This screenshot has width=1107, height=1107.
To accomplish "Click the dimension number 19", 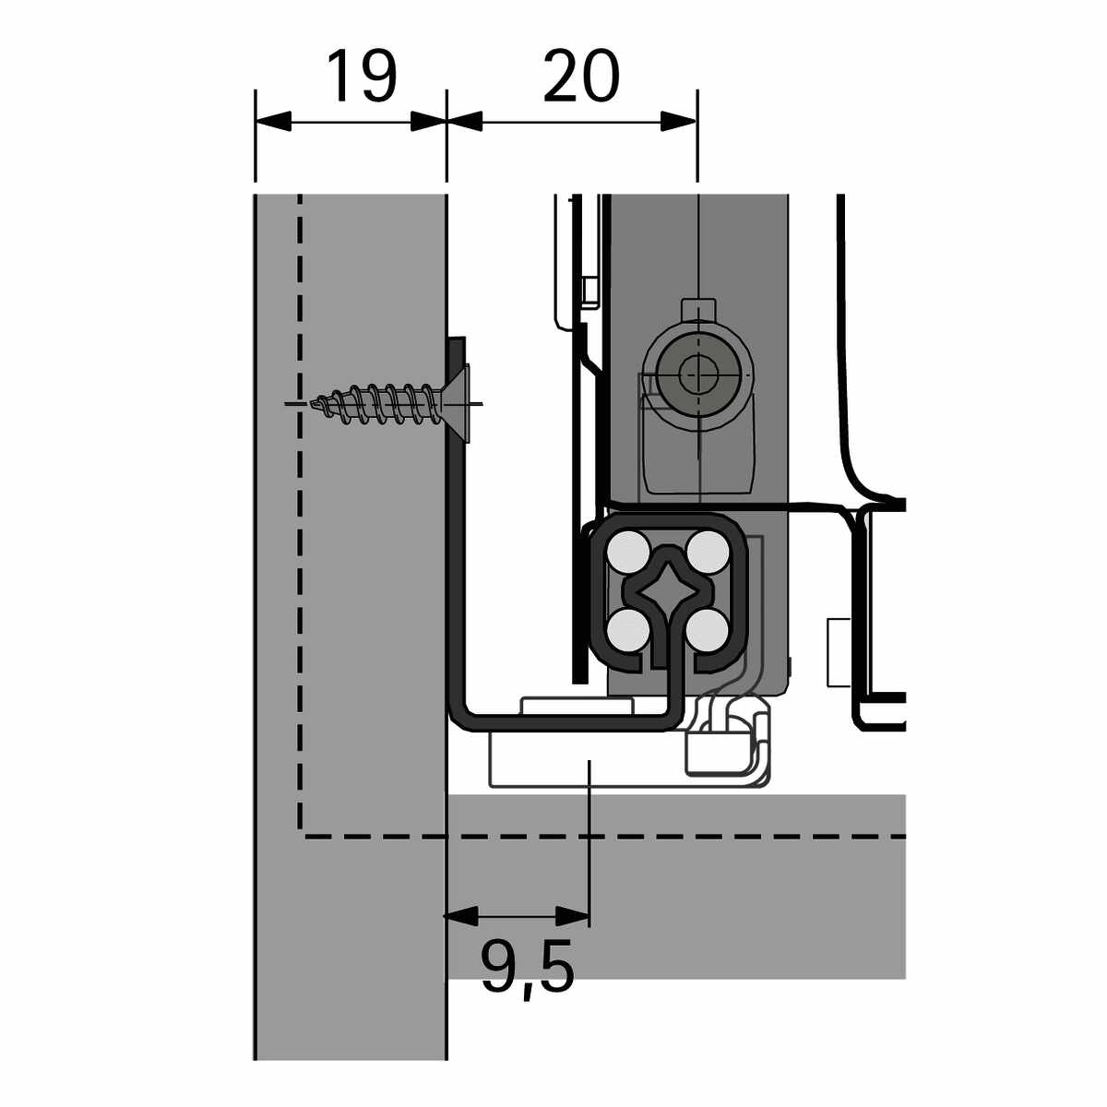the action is pos(362,76).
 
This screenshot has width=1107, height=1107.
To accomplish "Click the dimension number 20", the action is pos(581,76).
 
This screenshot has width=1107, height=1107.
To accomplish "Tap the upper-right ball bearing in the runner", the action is pos(708,552).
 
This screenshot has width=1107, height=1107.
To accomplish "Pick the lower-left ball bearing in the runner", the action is pos(628,630).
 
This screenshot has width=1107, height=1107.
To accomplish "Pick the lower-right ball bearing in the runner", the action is pos(708,630).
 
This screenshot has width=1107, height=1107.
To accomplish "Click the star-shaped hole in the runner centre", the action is pos(668,591).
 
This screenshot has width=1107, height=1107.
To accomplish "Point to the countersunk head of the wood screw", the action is pos(457,404).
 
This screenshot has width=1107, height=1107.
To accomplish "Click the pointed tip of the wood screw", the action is pos(313,404).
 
